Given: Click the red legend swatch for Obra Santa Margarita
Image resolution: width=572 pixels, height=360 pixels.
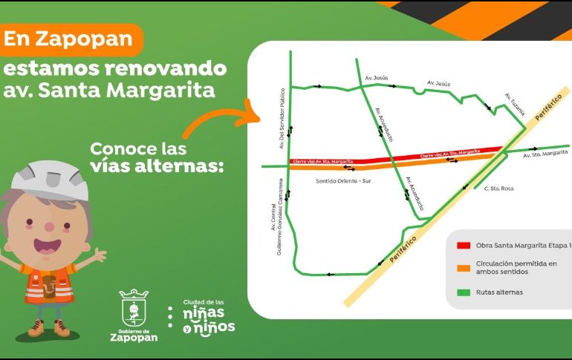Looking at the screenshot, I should (464, 246).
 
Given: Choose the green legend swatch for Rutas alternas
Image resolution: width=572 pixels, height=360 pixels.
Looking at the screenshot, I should (464, 292).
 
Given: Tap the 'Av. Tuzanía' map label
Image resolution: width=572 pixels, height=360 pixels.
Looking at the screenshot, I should (515, 105).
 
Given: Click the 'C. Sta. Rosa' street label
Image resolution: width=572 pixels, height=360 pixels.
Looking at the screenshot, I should (498, 188).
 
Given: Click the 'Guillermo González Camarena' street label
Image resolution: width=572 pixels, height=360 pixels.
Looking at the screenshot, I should (278, 216).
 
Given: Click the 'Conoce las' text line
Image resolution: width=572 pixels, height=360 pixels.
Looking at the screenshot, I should (139, 147).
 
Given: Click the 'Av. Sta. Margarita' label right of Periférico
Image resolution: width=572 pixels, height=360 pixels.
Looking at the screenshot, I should (545, 154).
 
